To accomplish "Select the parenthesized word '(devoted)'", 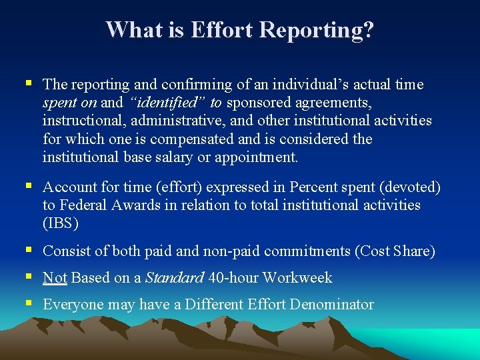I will tap(408, 188).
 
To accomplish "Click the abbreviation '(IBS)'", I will tap(61, 224).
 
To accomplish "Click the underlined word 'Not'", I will tap(55, 278).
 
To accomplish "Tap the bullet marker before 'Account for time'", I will tap(28, 187).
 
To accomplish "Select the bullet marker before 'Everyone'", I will tap(28, 304).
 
